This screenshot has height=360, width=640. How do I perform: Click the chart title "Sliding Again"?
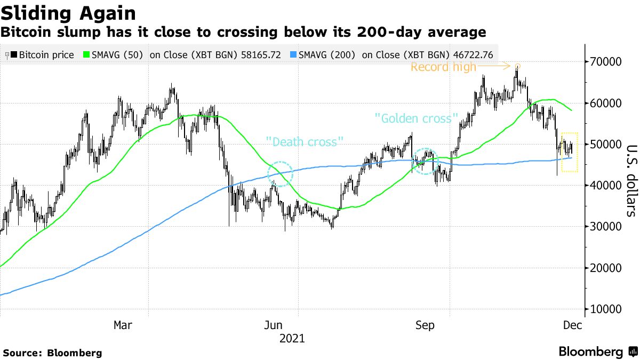68,13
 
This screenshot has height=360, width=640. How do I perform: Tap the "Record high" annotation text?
443,67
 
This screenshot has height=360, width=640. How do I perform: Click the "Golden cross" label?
417,118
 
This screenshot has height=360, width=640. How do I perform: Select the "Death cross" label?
305,142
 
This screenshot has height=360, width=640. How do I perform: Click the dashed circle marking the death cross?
279,174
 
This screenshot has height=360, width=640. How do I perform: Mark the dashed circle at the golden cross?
425,161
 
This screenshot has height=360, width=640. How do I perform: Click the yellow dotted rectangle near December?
570,152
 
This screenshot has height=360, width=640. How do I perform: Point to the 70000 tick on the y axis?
605,62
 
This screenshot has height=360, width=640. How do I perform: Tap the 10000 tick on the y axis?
605,309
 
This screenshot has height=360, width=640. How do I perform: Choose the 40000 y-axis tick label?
605,186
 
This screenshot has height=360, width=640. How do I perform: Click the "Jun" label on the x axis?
274,325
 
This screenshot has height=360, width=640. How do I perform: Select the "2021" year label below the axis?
292,338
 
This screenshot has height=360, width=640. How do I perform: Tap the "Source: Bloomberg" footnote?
52,353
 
